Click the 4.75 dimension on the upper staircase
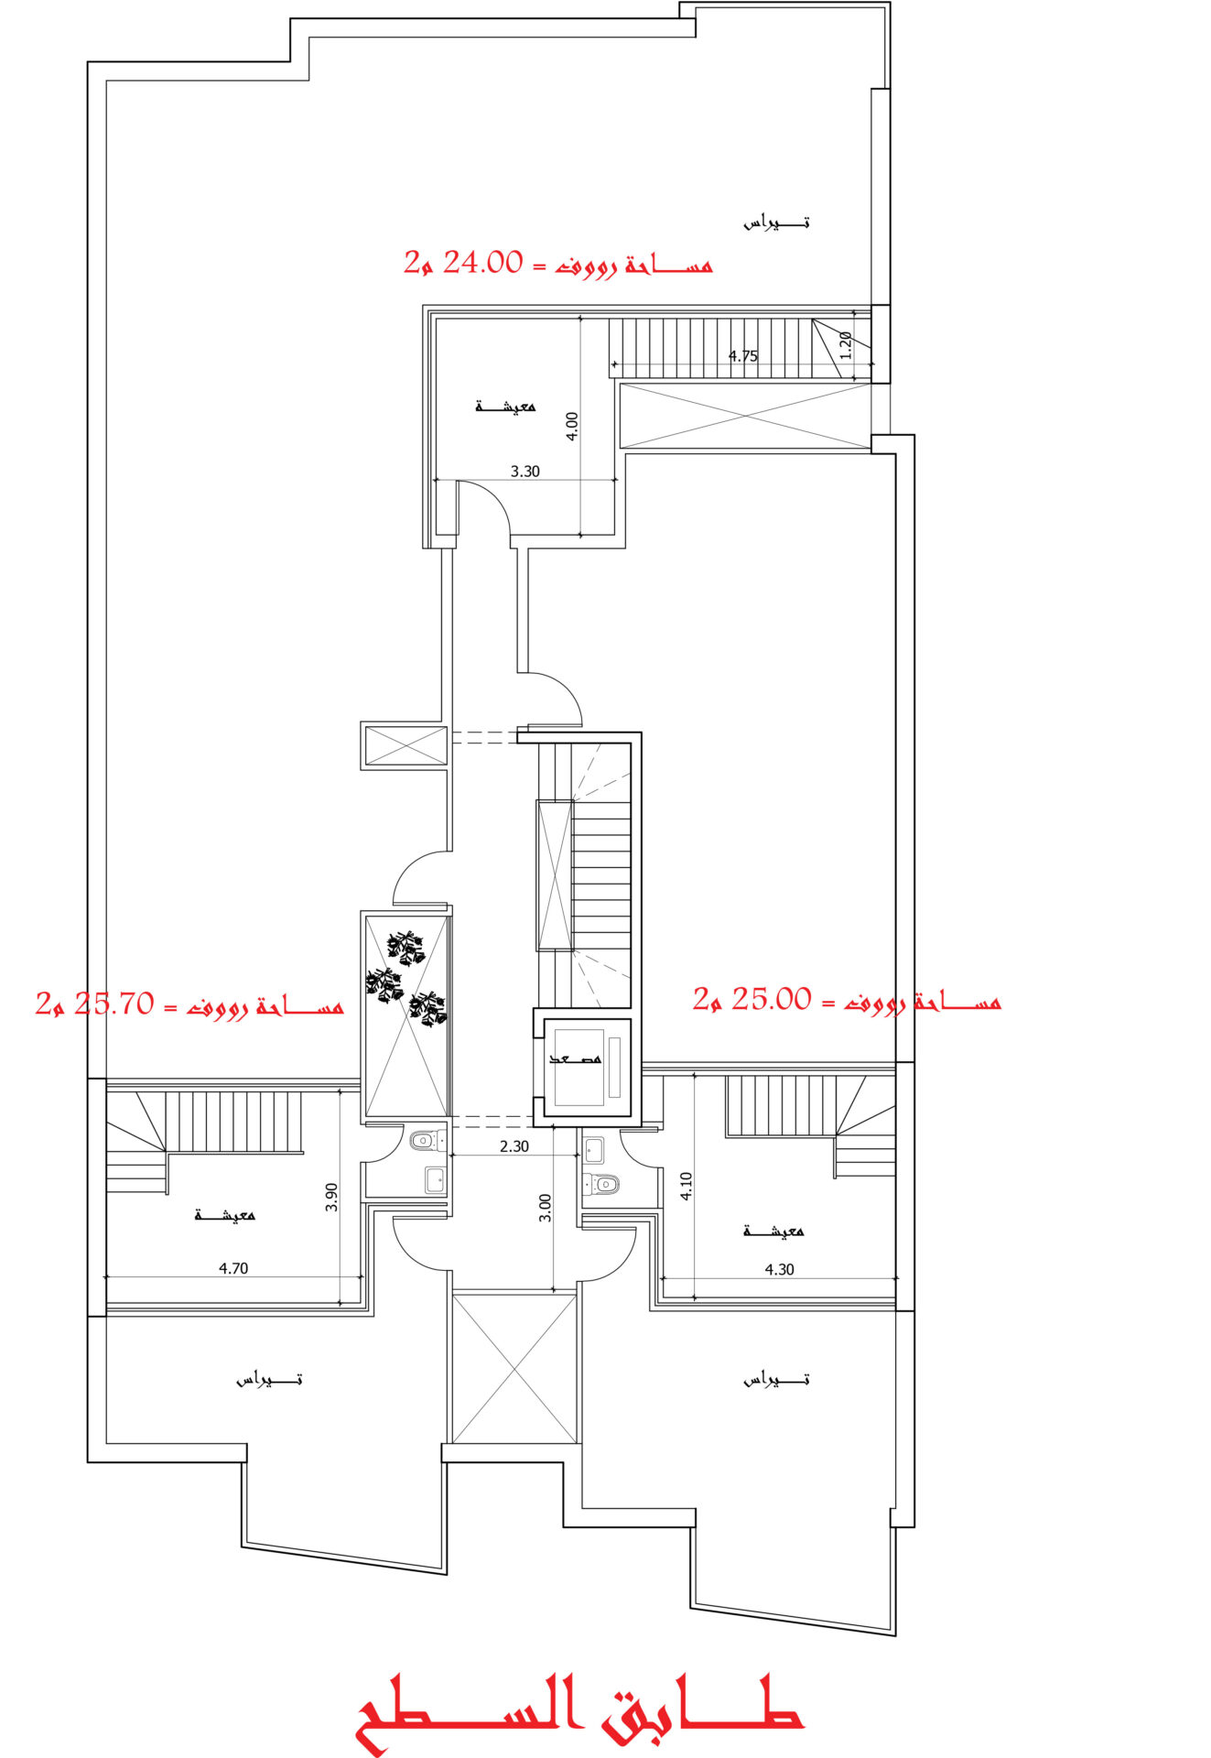click(742, 356)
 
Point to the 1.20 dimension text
click(846, 345)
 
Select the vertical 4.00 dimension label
click(572, 426)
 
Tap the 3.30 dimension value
click(524, 472)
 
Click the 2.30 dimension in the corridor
click(514, 1145)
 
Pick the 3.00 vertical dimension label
click(545, 1208)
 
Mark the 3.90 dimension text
click(331, 1197)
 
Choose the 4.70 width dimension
click(233, 1268)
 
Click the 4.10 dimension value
click(687, 1186)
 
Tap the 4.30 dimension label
click(779, 1269)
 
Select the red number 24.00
click(482, 264)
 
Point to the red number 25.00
click(771, 999)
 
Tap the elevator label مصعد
click(576, 1058)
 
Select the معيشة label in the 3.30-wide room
click(505, 406)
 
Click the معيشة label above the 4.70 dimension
click(225, 1215)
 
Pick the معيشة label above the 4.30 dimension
click(773, 1231)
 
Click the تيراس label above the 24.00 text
click(776, 222)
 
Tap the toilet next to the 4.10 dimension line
click(601, 1184)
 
